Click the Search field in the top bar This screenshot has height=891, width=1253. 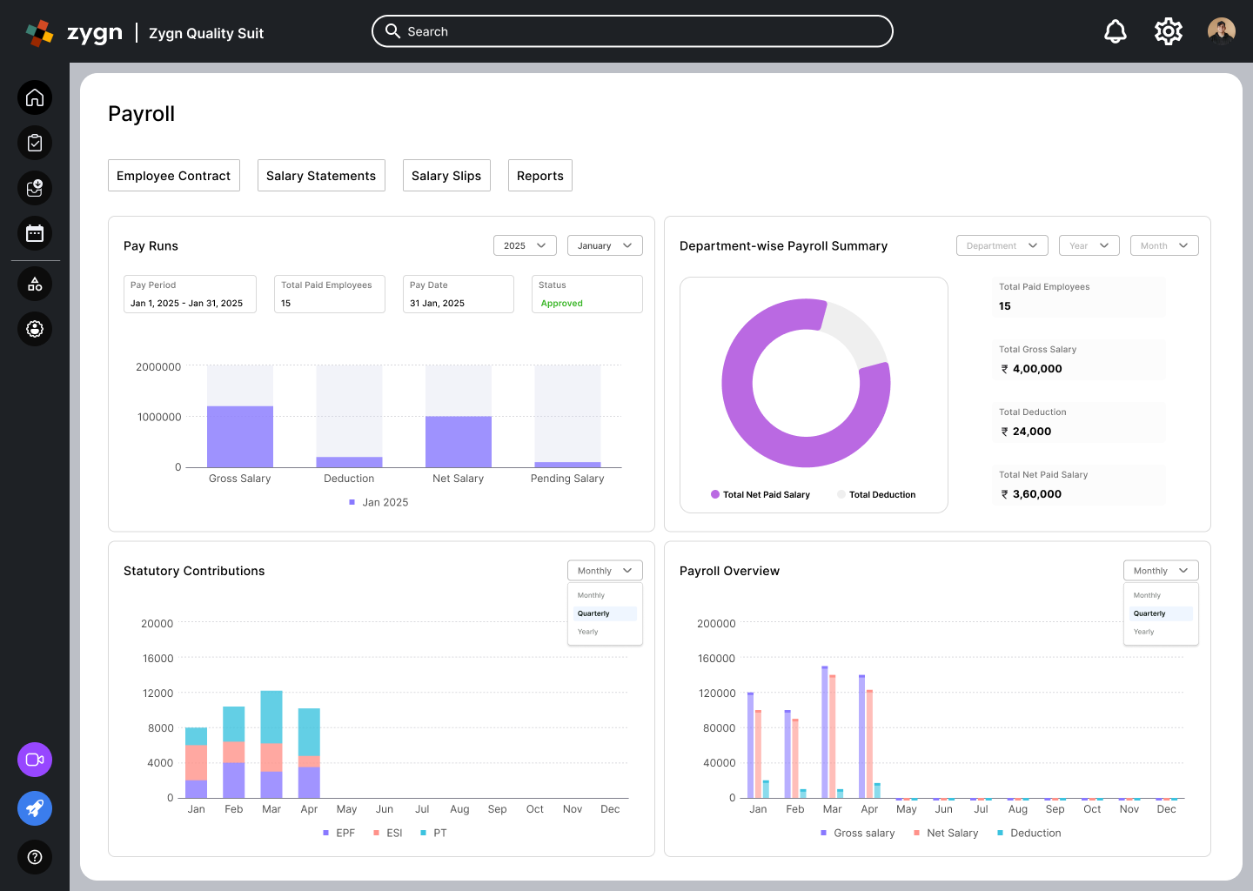click(632, 31)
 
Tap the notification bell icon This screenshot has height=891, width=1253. click(1115, 31)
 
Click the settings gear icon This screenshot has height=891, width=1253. click(1168, 31)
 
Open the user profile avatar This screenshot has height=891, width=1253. click(1221, 31)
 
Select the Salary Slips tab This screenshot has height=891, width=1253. click(446, 176)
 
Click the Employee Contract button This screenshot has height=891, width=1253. click(173, 176)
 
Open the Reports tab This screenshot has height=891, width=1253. click(539, 176)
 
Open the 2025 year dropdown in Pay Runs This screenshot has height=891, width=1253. click(525, 245)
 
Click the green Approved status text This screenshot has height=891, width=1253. click(561, 303)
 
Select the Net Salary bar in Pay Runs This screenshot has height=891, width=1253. click(458, 442)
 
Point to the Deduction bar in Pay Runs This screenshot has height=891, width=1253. click(349, 463)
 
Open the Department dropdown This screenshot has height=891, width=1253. click(1002, 245)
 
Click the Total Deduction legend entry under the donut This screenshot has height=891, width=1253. click(876, 494)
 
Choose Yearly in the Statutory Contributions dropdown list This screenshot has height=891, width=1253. click(588, 632)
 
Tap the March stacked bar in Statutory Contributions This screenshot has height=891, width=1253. click(271, 745)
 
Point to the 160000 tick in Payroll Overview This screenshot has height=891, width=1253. click(716, 659)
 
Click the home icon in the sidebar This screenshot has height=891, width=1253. click(35, 97)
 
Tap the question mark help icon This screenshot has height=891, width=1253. click(35, 857)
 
